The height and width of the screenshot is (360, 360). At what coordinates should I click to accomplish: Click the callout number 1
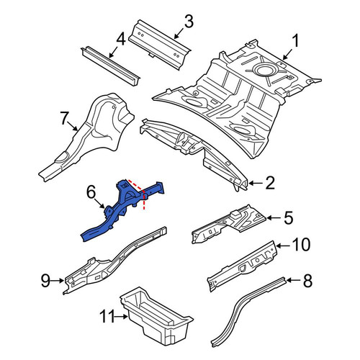point(295,41)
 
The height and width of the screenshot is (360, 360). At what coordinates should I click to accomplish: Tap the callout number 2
point(270,183)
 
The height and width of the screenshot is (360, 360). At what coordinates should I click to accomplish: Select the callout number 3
point(189,21)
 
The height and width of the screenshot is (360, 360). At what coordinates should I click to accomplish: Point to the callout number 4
point(121,40)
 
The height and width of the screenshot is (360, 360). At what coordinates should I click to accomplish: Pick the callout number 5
point(288,217)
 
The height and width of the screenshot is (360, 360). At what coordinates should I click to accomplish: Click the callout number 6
point(91,193)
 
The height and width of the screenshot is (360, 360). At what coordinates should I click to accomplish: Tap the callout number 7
point(64,118)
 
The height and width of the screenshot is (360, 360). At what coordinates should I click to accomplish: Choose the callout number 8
point(307,281)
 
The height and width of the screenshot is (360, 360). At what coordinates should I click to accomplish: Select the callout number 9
point(45,281)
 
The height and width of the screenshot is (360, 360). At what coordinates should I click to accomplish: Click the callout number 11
point(107,316)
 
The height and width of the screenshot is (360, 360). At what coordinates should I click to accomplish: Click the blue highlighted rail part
point(120,211)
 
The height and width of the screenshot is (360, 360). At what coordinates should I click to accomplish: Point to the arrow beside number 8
point(294,280)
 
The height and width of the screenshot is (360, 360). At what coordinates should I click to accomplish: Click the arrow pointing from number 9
point(58,280)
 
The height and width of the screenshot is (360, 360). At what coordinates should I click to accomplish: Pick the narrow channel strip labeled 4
point(111,66)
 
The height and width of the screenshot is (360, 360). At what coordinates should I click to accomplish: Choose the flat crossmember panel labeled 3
point(160,44)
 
